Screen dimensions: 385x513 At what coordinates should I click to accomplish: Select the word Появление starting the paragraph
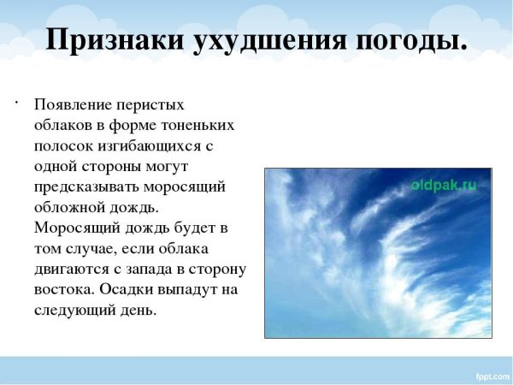click(72, 104)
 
